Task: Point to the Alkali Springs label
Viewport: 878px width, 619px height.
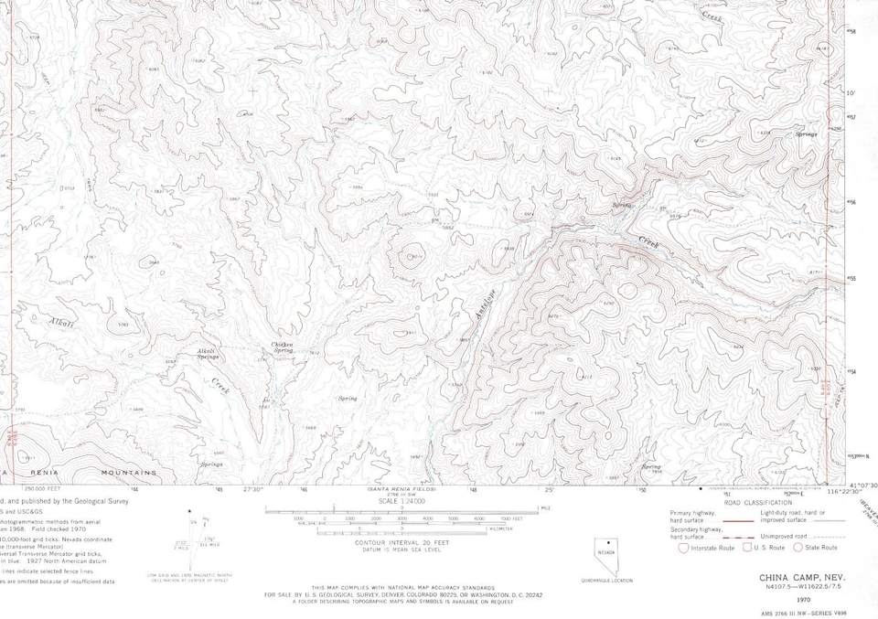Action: pyautogui.click(x=208, y=354)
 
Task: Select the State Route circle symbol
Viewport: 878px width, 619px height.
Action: pyautogui.click(x=797, y=547)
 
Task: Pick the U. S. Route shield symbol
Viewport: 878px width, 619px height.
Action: pyautogui.click(x=746, y=547)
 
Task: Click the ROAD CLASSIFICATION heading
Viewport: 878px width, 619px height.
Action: pyautogui.click(x=757, y=503)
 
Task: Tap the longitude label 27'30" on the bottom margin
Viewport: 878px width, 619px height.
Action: pyautogui.click(x=253, y=490)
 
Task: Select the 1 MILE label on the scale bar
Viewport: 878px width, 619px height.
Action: pyautogui.click(x=546, y=507)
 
